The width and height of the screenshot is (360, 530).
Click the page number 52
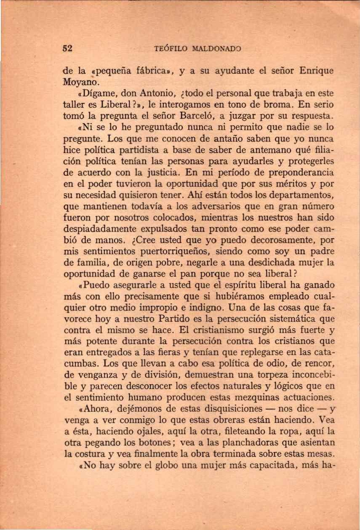pos(67,48)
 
